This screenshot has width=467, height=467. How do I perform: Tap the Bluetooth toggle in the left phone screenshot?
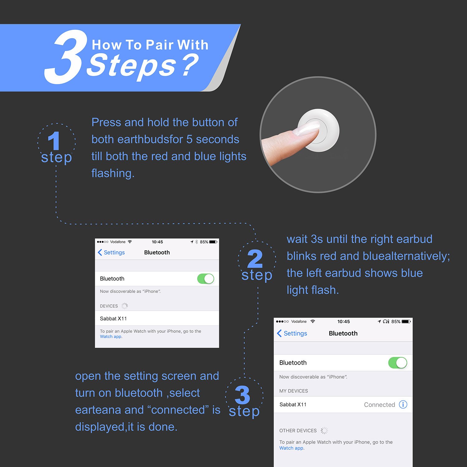(x=205, y=279)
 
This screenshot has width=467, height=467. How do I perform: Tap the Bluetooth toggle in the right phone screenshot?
(x=398, y=363)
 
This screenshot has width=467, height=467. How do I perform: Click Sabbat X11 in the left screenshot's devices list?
(x=113, y=318)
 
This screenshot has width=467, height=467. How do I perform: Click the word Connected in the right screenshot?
(x=380, y=405)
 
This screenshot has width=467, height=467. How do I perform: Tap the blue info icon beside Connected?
(x=403, y=404)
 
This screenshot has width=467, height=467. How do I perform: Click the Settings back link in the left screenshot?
(x=111, y=252)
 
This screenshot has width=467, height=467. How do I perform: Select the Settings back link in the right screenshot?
(x=292, y=333)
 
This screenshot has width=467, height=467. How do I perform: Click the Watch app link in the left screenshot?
(x=111, y=337)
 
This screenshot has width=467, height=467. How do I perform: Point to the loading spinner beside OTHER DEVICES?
(x=324, y=431)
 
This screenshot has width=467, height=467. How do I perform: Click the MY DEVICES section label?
(x=294, y=391)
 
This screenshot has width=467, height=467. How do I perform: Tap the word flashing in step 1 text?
(x=113, y=173)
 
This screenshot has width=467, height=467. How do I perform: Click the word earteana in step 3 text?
(x=98, y=410)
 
